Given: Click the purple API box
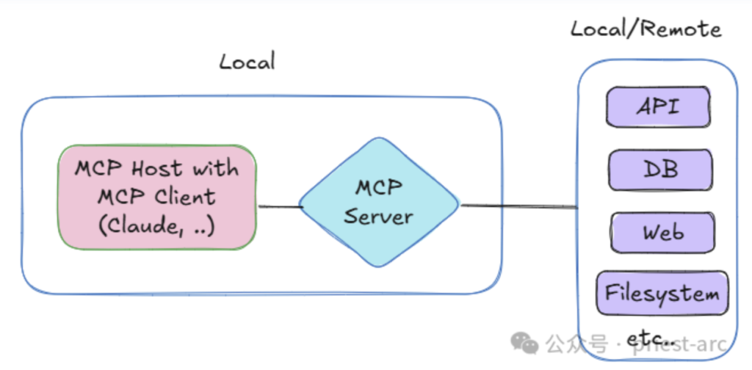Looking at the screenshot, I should pos(658,106).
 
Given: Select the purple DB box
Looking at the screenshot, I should pos(659,170).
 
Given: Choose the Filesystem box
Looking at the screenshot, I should pos(662,294).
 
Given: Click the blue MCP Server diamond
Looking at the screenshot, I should pos(379,202).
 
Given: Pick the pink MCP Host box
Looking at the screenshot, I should pos(157,196).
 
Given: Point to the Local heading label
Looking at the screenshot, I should pos(247,61).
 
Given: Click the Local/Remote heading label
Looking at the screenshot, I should pos(646,29).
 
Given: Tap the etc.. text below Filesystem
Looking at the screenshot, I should pos(650,339).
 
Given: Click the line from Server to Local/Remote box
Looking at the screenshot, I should pos(518,206).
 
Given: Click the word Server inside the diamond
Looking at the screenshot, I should pos(379,217).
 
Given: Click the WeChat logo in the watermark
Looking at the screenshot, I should pos(525,342).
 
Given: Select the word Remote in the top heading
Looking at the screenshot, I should pos(679,29).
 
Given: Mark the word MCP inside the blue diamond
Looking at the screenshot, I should pos(379,188).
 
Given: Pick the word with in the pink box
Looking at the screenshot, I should pos(216,168).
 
